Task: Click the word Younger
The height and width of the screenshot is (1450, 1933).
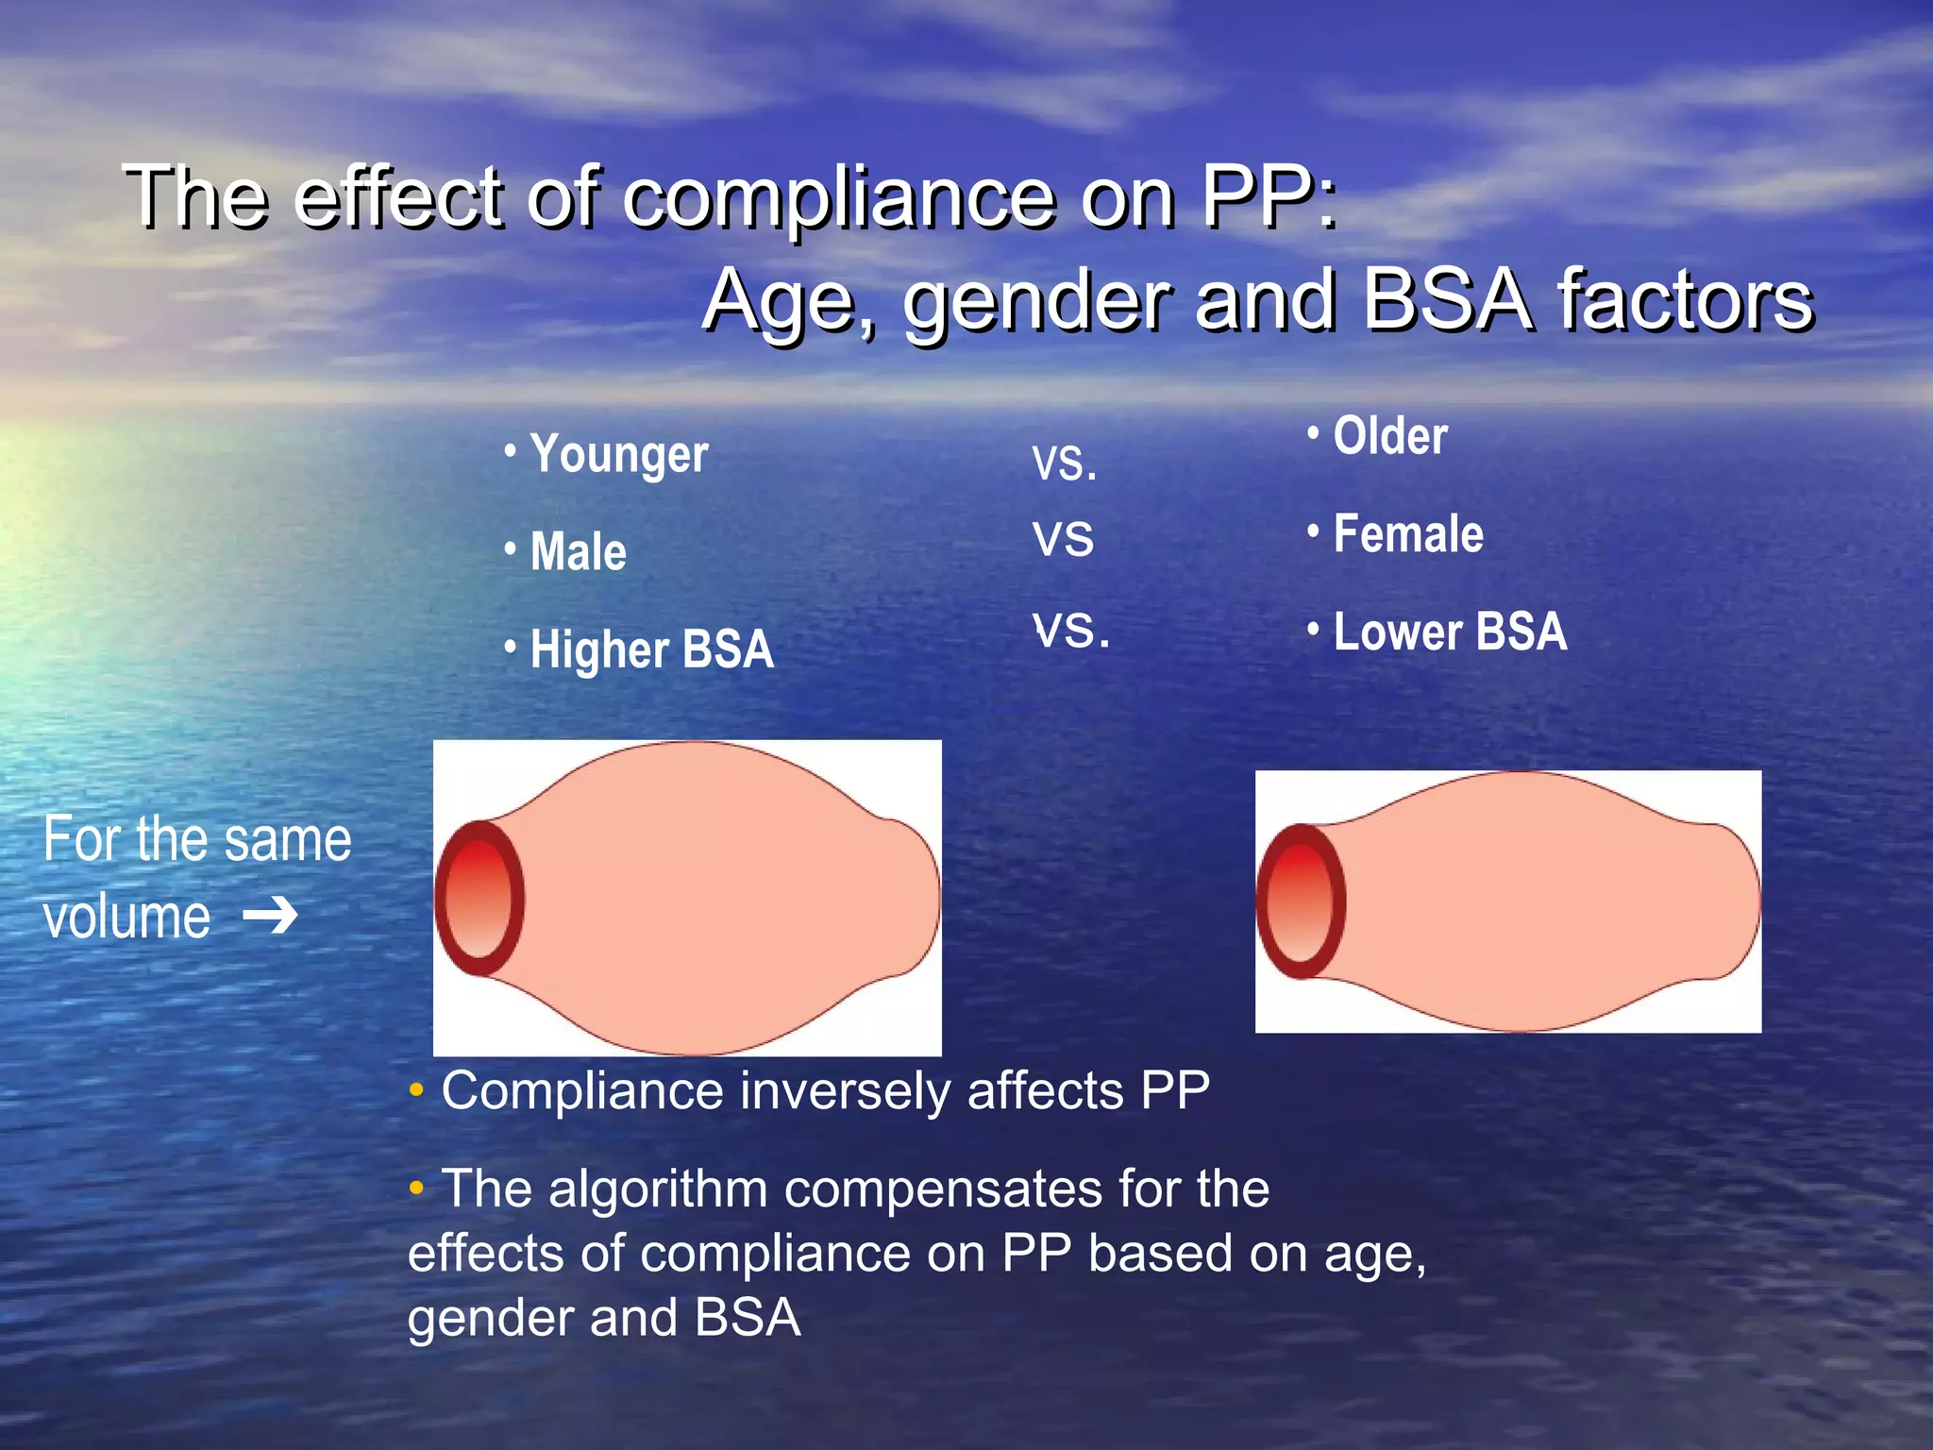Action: [x=618, y=455]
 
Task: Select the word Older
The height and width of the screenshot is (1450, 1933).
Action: [x=1390, y=436]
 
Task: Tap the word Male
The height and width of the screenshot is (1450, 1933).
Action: [x=578, y=552]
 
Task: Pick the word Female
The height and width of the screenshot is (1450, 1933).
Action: [x=1408, y=534]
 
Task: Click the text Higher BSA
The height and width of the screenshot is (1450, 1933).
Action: [x=651, y=649]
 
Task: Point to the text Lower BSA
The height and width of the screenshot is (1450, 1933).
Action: [x=1450, y=632]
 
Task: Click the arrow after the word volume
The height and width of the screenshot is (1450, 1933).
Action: [x=271, y=916]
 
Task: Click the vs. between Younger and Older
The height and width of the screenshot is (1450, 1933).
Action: [x=1064, y=463]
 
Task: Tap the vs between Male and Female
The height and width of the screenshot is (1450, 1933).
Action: [x=1063, y=538]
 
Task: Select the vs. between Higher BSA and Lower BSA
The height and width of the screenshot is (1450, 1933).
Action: [x=1070, y=629]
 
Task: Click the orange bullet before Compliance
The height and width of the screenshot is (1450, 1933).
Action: [x=416, y=1091]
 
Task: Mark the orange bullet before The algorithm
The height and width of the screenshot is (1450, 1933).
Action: [x=416, y=1188]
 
